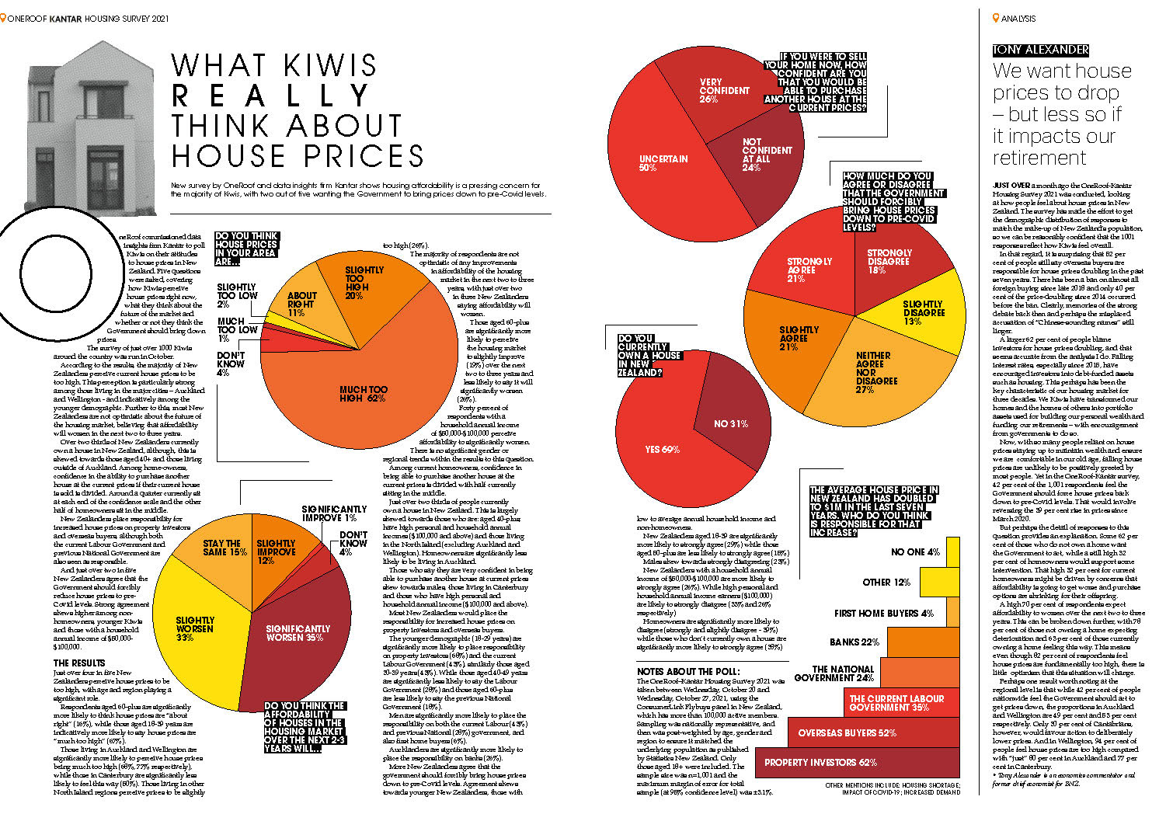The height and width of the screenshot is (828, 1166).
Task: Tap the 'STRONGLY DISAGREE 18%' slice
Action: click(889, 261)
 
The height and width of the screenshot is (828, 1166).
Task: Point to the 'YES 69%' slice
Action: click(660, 451)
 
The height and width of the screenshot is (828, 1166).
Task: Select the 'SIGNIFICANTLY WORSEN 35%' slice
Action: click(299, 637)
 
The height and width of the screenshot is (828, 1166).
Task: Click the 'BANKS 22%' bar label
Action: click(854, 642)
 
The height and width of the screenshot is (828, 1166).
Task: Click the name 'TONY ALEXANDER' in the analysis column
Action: click(1041, 50)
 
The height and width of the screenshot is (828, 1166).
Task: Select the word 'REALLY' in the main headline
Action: click(272, 96)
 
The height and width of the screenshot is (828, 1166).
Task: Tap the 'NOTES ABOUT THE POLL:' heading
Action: click(688, 671)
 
